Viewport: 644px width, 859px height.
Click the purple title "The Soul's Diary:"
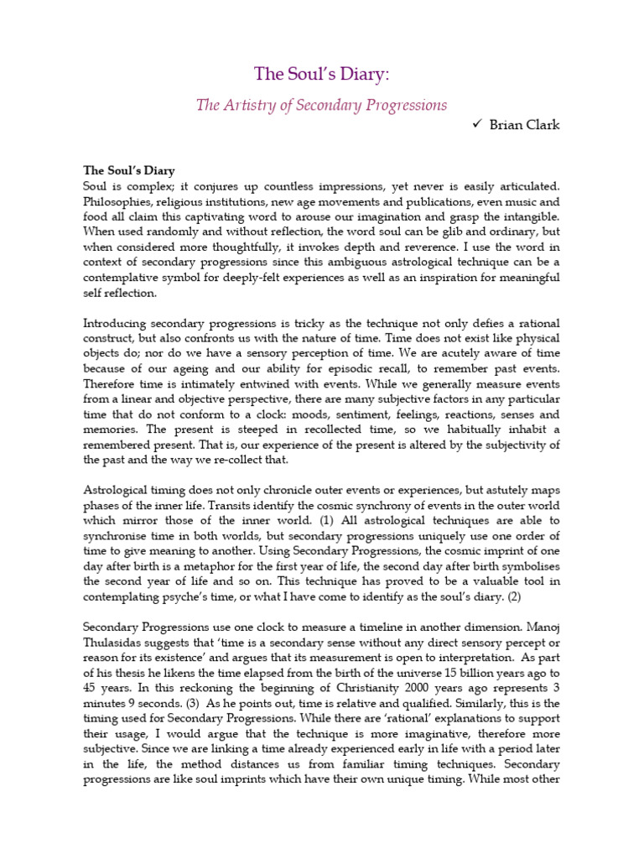(322, 74)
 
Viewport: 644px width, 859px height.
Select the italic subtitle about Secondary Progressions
(322, 105)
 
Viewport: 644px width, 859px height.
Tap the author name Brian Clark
(525, 125)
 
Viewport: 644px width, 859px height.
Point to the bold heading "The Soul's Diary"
(128, 170)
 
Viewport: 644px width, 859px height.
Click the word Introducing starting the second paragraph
(117, 324)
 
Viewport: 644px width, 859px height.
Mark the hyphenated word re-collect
(241, 460)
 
